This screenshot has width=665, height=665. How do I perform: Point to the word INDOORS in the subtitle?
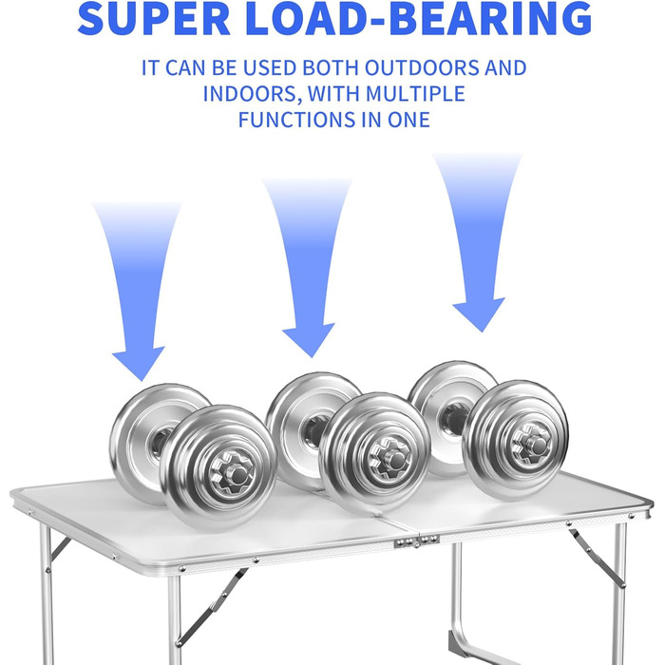(246, 94)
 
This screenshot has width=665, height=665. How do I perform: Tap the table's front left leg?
(174, 617)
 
